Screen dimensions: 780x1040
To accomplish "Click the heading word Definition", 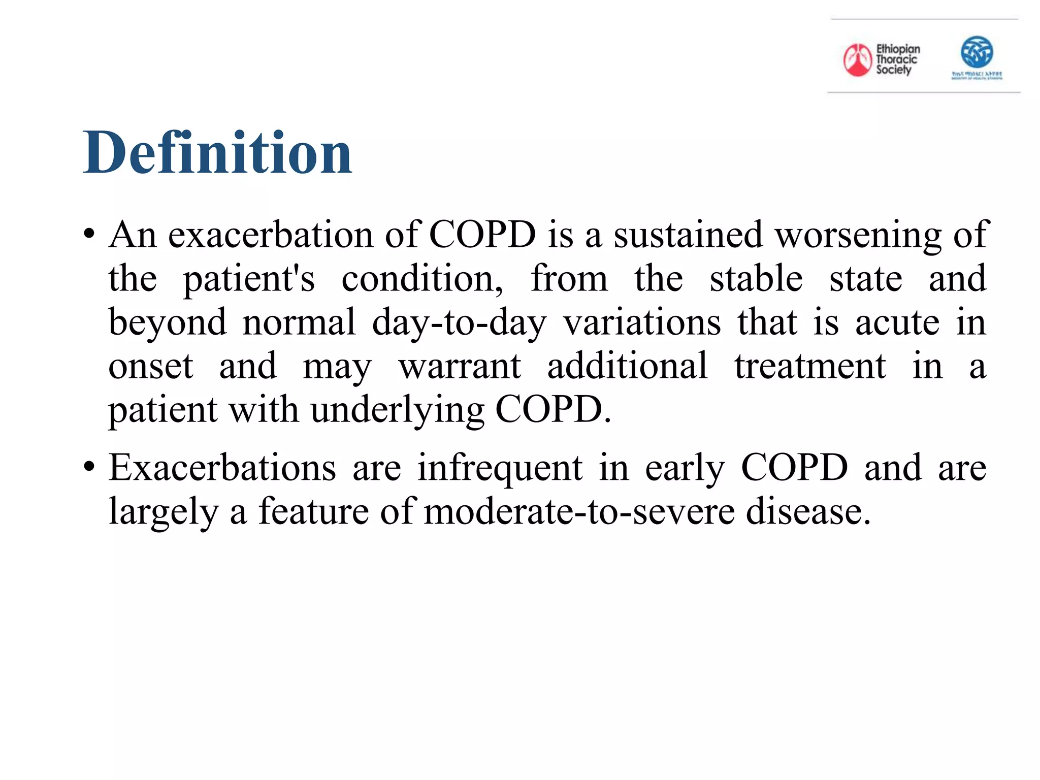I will click(217, 152).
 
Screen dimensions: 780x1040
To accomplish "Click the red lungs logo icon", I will click(857, 60).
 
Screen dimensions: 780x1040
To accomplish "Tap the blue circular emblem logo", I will click(977, 52).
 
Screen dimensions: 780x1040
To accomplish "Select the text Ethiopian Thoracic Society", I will click(897, 59).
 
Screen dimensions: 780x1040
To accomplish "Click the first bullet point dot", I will click(89, 235).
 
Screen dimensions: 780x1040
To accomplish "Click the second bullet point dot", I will click(89, 467).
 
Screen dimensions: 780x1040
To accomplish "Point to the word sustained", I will click(688, 235).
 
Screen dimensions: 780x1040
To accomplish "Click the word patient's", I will click(249, 279).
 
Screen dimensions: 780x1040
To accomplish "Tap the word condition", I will click(421, 279).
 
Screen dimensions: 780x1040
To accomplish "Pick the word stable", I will click(756, 279).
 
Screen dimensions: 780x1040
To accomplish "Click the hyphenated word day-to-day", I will click(459, 323).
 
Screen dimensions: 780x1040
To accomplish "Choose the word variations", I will click(642, 323).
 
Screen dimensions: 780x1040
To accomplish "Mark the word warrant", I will click(460, 366).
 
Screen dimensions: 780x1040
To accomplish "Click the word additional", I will click(627, 366).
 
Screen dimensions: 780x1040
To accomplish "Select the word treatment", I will click(810, 366).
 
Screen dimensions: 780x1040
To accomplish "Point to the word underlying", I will click(398, 409).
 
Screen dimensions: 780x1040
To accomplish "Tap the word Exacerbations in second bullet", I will click(222, 467).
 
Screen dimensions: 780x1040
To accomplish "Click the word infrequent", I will click(500, 467).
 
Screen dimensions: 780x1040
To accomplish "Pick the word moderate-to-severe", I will click(579, 511).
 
